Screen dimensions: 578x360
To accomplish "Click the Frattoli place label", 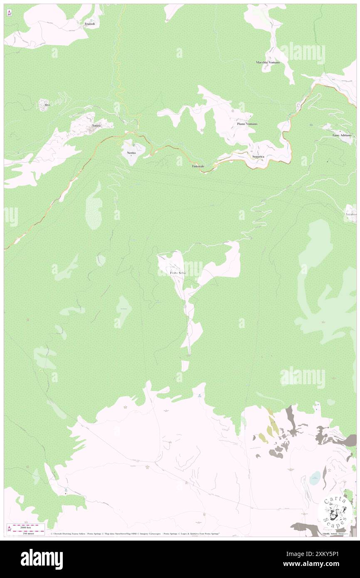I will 89,24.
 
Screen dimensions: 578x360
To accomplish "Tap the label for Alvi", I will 47,105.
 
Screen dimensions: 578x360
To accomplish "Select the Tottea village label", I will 96,126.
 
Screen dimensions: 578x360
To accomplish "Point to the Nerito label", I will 131,153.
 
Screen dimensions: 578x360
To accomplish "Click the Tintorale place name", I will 197,166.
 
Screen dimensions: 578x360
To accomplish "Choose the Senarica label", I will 258,156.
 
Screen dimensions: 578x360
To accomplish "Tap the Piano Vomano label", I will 247,124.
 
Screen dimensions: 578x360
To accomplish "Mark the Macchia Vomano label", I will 268,62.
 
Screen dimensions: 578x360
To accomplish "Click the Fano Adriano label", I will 342,135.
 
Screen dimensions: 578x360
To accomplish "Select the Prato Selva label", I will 178,273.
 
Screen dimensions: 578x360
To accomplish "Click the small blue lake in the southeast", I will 315,478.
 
